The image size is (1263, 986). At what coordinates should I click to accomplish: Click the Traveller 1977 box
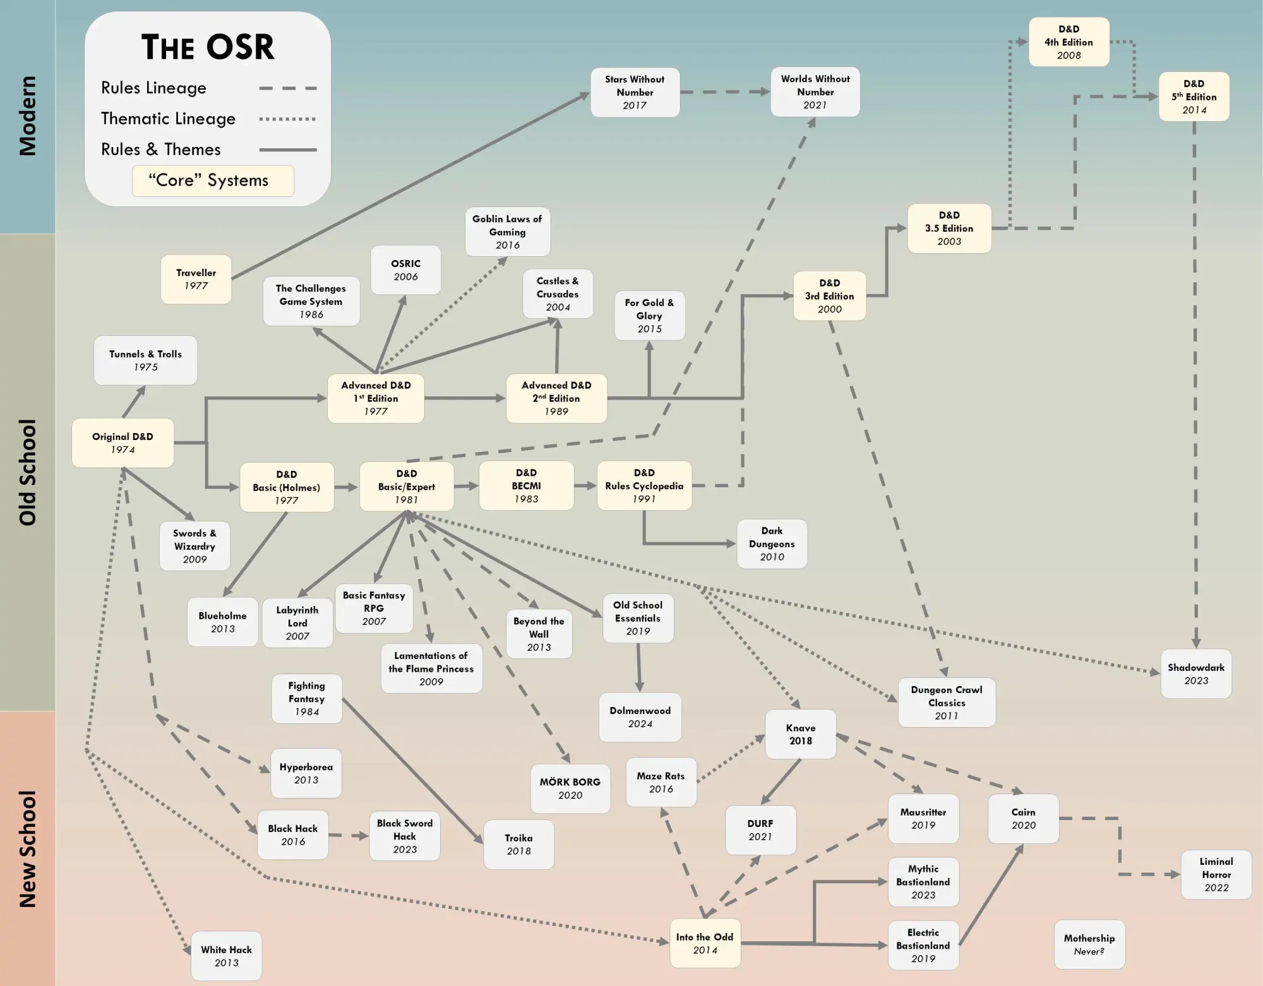196,279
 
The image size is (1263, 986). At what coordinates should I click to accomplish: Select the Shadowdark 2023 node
1195,674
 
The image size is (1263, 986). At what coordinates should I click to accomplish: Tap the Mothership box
1089,944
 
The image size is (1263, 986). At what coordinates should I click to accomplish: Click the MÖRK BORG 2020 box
570,788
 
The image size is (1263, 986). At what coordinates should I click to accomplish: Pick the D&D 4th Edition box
1068,42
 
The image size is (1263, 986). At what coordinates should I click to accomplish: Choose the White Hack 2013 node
226,956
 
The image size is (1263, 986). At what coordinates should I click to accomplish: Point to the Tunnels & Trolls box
145,360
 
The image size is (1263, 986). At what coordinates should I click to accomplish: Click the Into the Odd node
705,943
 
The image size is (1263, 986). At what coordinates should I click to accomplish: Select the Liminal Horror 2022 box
1216,874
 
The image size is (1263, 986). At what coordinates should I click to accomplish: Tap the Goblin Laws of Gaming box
507,232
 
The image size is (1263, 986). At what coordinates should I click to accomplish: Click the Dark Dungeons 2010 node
772,543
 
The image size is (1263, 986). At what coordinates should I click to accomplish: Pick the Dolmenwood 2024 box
640,716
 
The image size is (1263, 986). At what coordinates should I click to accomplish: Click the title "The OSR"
208,47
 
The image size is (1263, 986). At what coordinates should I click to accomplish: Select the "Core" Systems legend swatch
213,181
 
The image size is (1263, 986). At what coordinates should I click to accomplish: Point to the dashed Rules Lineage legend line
287,88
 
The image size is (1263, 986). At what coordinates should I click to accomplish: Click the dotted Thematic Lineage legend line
287,119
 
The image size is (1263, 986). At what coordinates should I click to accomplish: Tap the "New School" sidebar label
27,848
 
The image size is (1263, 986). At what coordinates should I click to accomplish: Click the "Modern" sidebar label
27,116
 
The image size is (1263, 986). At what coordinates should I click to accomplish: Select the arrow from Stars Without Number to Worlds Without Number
725,92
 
